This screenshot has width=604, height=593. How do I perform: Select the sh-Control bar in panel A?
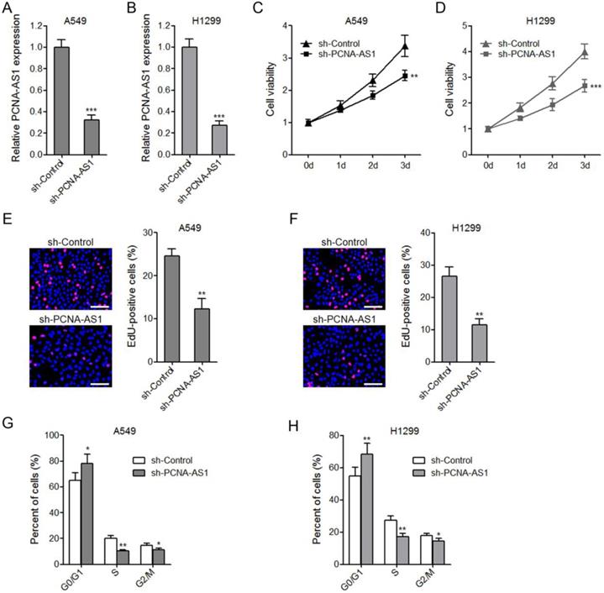point(61,101)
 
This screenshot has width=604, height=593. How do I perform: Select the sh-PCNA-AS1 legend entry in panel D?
point(530,55)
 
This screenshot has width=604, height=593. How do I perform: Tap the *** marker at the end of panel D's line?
point(596,87)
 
